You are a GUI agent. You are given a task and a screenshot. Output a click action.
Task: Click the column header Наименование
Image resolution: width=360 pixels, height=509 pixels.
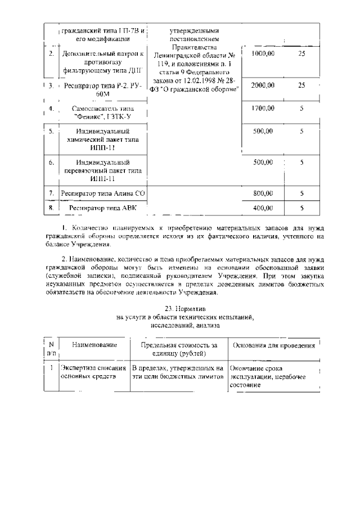94,345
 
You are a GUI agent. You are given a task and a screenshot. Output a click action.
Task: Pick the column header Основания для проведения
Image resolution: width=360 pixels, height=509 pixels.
273,345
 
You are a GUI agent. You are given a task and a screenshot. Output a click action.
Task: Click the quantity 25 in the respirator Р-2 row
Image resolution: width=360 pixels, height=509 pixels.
301,85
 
